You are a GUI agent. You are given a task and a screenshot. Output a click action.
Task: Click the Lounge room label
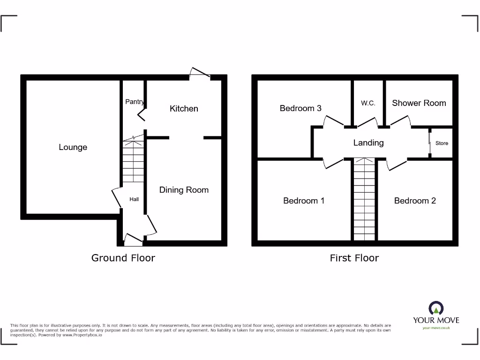pos(73,147)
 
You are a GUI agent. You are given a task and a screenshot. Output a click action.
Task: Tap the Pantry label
pos(135,102)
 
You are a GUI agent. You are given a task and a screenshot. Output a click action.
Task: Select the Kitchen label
pos(184,108)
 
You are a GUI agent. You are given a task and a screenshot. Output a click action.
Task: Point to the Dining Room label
pos(184,190)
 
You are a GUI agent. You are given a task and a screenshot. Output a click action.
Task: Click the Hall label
pos(134,199)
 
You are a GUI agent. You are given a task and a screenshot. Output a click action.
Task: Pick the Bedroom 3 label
pos(300,108)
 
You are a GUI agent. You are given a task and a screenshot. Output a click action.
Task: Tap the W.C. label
pos(368,103)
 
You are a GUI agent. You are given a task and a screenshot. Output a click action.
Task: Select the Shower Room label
pos(419,103)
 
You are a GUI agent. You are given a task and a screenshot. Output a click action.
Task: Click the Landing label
pos(368,143)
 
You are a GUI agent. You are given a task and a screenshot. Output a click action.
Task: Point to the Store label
pos(442,143)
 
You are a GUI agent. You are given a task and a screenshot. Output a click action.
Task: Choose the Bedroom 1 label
pos(304,201)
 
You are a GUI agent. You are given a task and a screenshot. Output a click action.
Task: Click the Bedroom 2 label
pos(415,201)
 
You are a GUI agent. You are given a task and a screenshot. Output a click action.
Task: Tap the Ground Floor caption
pos(123,258)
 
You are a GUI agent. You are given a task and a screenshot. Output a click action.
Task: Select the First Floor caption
pos(354,258)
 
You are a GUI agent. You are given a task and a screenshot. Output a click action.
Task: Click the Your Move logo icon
pos(436,308)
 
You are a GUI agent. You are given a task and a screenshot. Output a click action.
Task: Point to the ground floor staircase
pos(134,162)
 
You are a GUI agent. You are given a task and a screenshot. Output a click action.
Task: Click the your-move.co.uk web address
pos(436,328)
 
